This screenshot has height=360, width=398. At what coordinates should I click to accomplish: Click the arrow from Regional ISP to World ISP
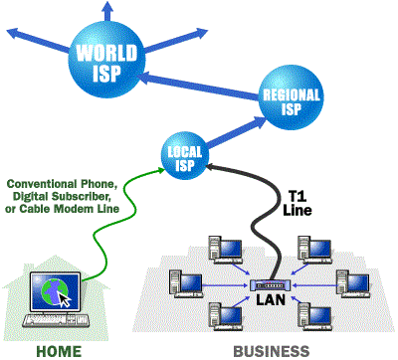[199, 79]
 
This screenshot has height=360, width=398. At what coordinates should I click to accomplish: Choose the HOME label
[59, 349]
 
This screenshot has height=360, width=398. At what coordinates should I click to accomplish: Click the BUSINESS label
[271, 349]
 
